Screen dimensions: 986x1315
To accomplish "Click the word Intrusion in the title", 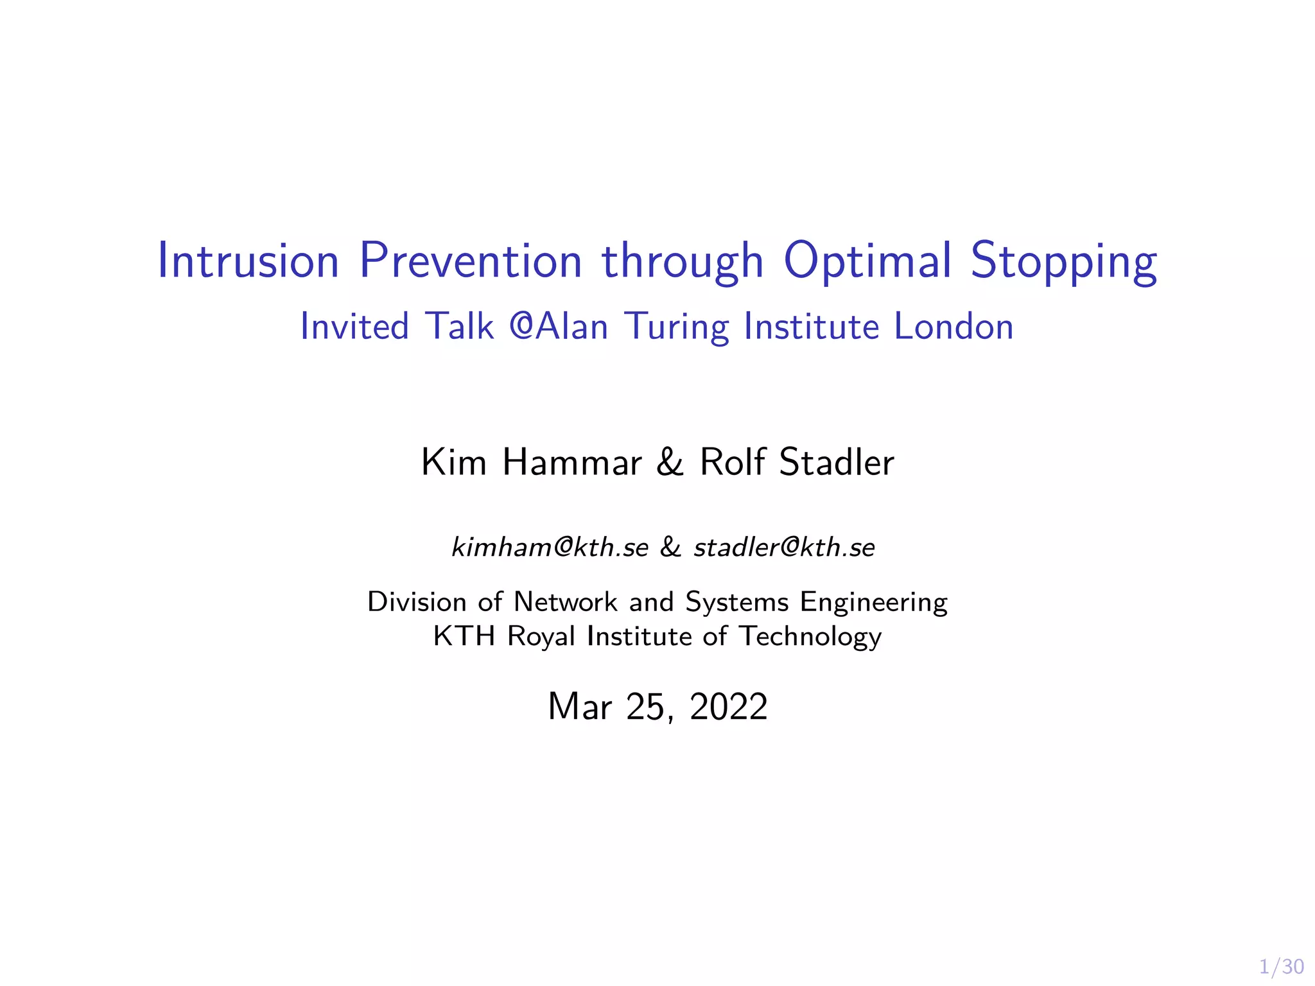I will [248, 261].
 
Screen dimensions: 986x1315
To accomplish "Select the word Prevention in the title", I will [470, 261].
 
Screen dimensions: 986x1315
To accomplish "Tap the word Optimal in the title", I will [867, 261].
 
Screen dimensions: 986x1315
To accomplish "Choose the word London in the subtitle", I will [954, 326].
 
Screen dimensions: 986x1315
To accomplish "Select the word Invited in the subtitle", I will [354, 326].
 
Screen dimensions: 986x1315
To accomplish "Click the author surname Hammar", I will [571, 462].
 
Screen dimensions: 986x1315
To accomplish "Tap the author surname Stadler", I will [836, 462].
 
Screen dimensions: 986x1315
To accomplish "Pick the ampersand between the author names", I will [670, 463].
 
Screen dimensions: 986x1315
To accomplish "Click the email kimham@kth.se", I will [550, 547].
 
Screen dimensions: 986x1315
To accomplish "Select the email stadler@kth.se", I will [784, 547].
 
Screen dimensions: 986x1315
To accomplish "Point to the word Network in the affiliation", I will [565, 602].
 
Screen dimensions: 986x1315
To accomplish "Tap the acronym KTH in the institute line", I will [464, 636].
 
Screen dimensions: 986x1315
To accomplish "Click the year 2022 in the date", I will [728, 707].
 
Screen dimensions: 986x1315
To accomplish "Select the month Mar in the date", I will [579, 707].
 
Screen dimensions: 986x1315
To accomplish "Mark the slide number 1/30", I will [1281, 967].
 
